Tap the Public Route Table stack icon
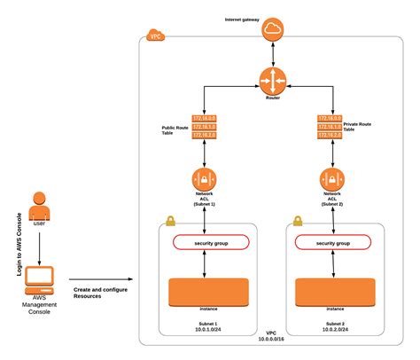point(206,129)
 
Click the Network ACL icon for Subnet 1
point(206,179)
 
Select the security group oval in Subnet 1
point(211,242)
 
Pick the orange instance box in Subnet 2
point(333,292)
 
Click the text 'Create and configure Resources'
point(94,292)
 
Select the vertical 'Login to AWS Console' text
point(18,246)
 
